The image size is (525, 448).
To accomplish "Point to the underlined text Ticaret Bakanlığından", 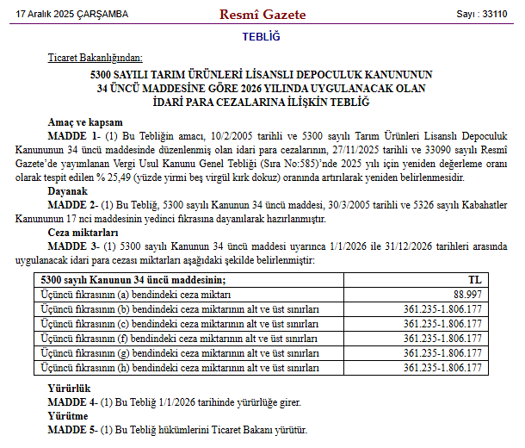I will point(95,58).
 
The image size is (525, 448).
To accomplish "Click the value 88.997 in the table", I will point(463,295).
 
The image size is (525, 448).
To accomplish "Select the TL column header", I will point(474,280).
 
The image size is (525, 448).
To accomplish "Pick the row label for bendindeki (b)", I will point(181,309).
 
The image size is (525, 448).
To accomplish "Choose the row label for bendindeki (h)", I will point(181,368).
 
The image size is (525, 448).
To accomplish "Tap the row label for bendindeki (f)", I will point(181,339).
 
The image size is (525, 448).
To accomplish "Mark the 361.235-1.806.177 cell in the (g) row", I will point(442,353).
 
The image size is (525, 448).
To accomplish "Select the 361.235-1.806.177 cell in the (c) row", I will point(442,324).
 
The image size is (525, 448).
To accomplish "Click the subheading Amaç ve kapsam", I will point(86,122).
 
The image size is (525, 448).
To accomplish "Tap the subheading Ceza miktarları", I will point(83,233).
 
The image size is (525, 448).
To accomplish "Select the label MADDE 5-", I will point(72,429).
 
